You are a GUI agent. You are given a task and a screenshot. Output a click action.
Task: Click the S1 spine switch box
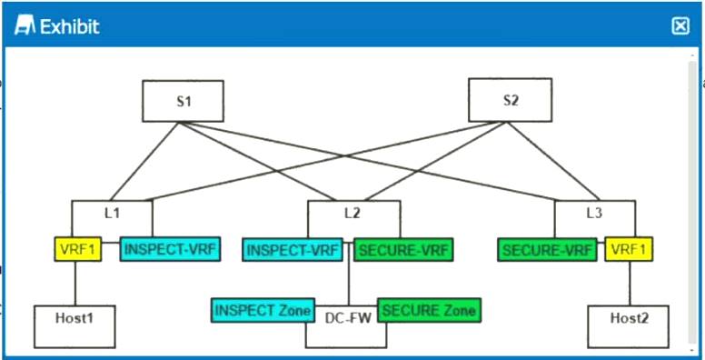coord(183,100)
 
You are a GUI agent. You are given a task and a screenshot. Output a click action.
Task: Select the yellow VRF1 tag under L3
coord(629,248)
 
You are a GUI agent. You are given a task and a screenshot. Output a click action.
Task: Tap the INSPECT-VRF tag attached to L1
coord(170,248)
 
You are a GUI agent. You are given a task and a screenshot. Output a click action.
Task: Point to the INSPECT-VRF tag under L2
coord(292,248)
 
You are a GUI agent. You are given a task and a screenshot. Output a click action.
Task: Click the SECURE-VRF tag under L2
coord(402,248)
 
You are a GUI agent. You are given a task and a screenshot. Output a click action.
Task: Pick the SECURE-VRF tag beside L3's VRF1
coord(548,248)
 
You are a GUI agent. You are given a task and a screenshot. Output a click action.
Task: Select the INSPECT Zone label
coord(263,310)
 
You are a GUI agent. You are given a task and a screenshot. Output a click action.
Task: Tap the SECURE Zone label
coord(428,310)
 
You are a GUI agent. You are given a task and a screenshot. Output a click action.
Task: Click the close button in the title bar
coord(680,26)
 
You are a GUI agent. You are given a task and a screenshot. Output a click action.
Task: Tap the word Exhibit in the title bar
coord(69,26)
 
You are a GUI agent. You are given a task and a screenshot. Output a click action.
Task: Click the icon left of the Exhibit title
coord(26,26)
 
